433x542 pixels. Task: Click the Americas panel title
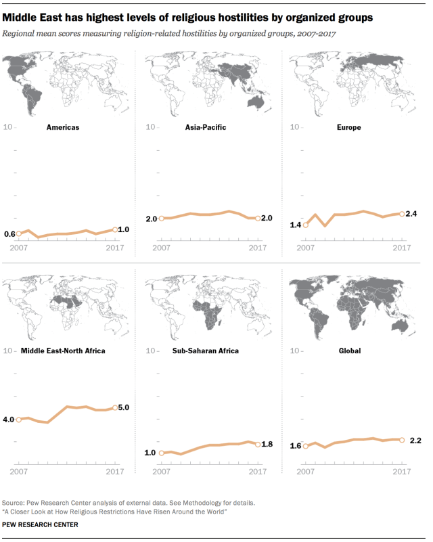tap(62, 127)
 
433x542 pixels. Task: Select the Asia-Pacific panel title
tap(205, 127)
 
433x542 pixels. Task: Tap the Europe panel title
tap(350, 127)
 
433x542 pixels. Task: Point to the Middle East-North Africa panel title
tap(63, 351)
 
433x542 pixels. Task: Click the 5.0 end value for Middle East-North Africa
tap(124, 407)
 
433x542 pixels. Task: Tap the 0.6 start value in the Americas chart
tap(9, 234)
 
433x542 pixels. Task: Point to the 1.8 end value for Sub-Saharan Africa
tap(267, 445)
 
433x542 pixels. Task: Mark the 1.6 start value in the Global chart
tap(296, 446)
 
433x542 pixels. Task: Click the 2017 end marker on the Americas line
tap(114, 230)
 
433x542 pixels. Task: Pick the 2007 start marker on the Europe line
tap(306, 225)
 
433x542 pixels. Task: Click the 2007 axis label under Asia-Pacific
tap(161, 248)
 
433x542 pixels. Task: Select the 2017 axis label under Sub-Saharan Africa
tap(258, 472)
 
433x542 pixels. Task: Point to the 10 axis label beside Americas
tap(9, 127)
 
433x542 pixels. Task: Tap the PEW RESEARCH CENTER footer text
tap(41, 524)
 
